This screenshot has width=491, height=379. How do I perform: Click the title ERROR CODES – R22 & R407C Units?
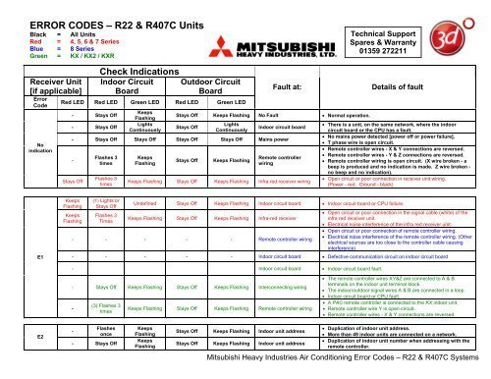click(x=111, y=14)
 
